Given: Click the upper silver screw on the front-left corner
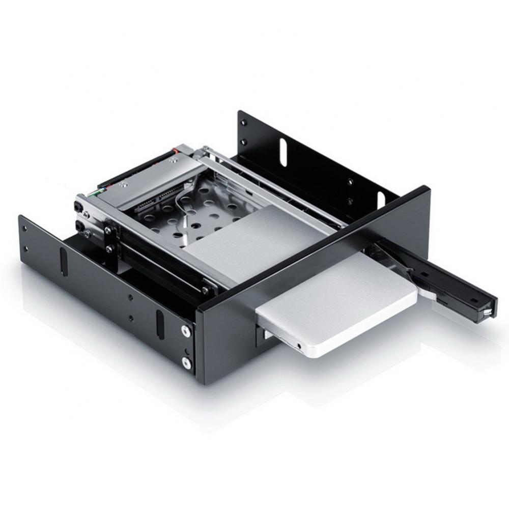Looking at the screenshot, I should coord(186,331).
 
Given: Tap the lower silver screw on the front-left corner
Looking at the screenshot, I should coord(186,363).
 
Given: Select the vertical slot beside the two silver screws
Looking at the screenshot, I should coord(160,323).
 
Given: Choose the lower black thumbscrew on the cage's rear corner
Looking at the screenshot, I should coord(79,224).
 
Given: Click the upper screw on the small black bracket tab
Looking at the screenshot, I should coord(108,231).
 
